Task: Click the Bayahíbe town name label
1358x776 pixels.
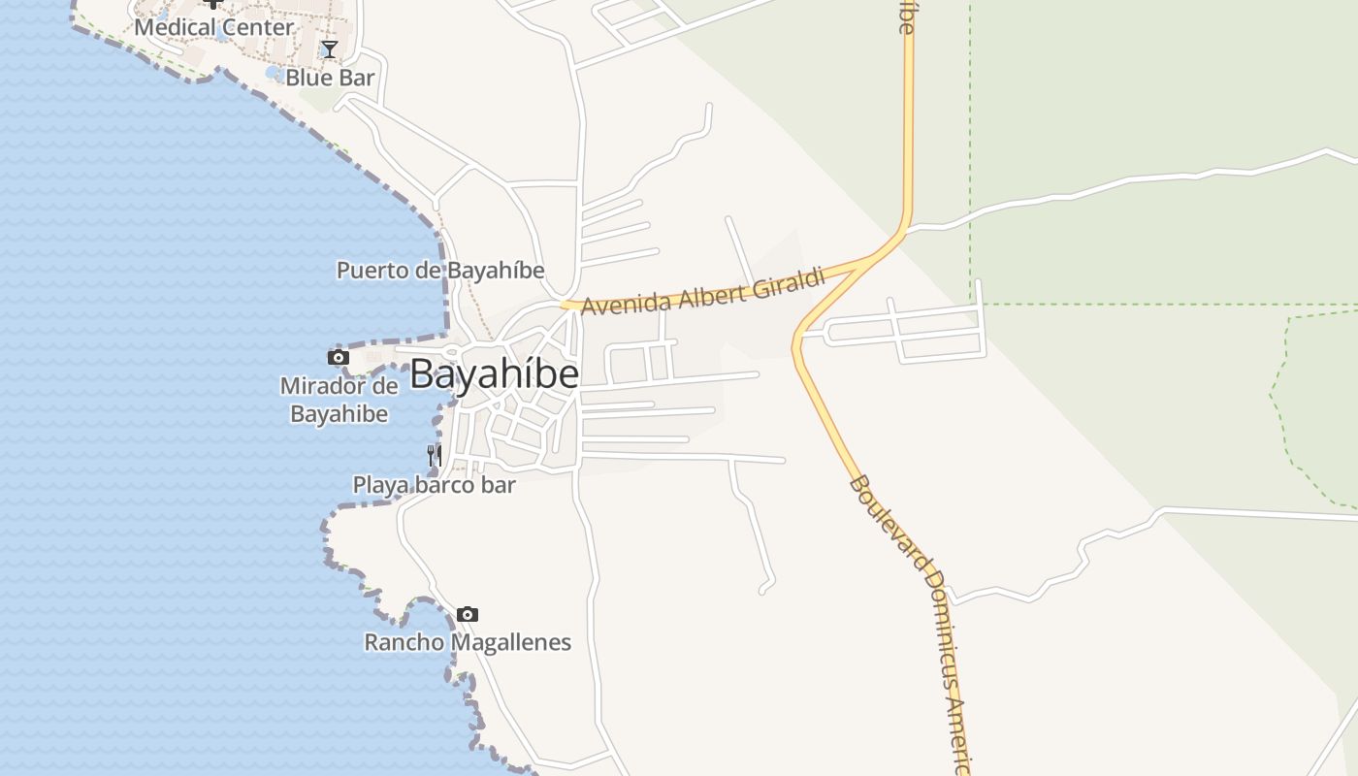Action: (495, 374)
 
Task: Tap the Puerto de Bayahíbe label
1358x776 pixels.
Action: (440, 270)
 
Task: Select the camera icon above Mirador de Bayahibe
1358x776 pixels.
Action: (338, 358)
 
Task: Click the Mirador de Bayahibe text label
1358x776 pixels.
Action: (339, 400)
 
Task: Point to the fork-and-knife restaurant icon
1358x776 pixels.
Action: (434, 454)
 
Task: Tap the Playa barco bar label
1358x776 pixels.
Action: (434, 484)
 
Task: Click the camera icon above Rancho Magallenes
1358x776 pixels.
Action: (468, 614)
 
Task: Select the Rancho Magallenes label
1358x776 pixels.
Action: (468, 642)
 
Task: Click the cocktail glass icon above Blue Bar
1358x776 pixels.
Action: (330, 48)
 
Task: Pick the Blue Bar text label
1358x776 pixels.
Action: (330, 78)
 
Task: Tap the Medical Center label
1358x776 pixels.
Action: (213, 27)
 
